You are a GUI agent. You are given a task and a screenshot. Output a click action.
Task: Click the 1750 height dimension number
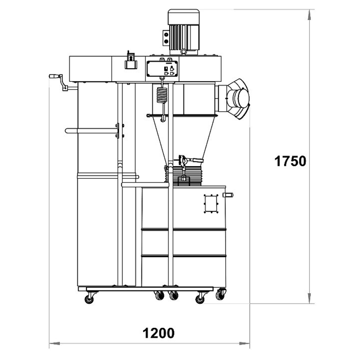(290, 161)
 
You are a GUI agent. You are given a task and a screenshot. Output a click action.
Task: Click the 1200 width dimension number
(158, 333)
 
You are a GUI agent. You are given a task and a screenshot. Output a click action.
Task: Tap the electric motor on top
(183, 32)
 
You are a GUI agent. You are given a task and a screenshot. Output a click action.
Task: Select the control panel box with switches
(161, 69)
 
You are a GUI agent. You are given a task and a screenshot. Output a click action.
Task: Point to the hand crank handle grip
(54, 76)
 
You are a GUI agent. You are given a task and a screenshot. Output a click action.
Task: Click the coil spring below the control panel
(162, 95)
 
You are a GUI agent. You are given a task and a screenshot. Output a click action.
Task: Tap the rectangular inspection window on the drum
(211, 204)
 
